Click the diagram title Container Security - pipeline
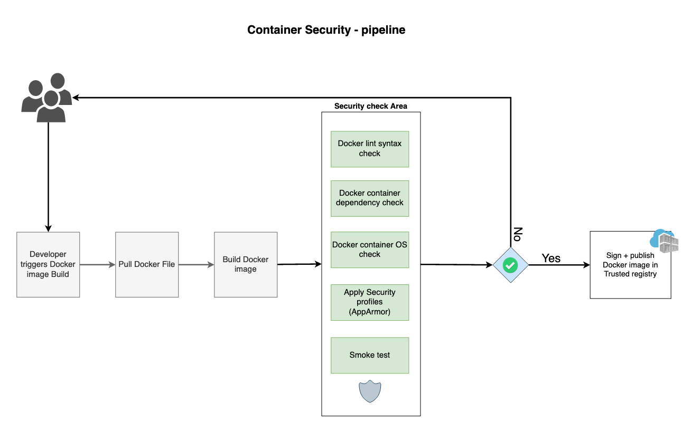[x=326, y=30]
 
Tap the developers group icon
[x=46, y=98]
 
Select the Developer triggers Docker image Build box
[x=48, y=264]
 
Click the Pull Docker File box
[x=147, y=264]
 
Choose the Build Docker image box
[x=245, y=264]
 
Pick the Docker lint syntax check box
[x=370, y=149]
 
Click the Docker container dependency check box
[x=370, y=198]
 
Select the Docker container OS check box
[x=370, y=250]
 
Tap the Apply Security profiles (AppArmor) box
[x=370, y=302]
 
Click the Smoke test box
[x=370, y=355]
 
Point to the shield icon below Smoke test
[x=370, y=391]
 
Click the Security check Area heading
[x=370, y=106]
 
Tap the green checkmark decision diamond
[x=510, y=265]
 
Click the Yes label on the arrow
[x=551, y=258]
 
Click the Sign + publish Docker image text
[x=630, y=265]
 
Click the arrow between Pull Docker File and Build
[x=195, y=264]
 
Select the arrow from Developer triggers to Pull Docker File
[x=97, y=264]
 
